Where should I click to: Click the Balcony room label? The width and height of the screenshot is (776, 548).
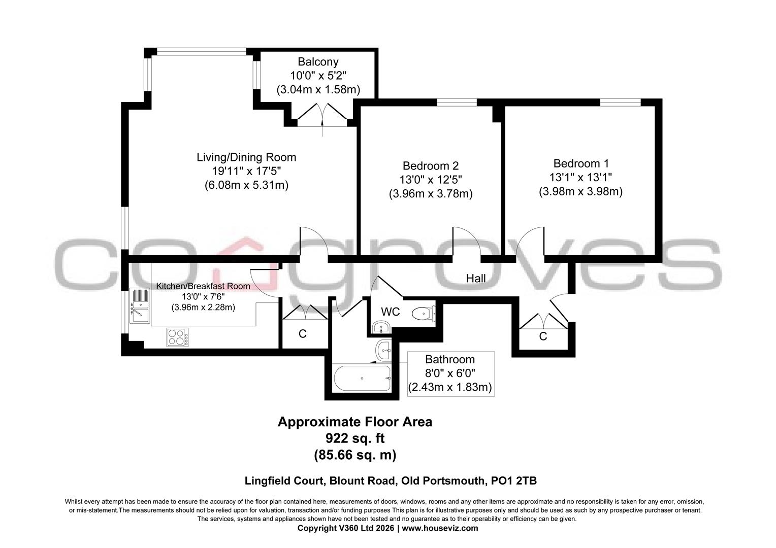tap(318, 62)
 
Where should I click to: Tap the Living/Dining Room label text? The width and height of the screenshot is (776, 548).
tap(246, 157)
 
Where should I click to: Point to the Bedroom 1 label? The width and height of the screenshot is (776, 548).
tap(580, 164)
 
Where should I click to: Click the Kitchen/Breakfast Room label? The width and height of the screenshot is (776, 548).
tap(203, 286)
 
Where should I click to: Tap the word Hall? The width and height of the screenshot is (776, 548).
tap(476, 279)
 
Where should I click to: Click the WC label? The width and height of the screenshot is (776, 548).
tap(391, 312)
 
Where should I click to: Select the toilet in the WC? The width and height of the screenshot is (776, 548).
tap(423, 314)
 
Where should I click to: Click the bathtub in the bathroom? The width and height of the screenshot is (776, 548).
tap(362, 378)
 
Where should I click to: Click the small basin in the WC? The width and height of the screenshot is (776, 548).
tap(380, 327)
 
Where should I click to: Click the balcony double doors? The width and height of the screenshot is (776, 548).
tap(322, 114)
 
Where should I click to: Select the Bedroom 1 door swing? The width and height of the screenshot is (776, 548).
tap(531, 242)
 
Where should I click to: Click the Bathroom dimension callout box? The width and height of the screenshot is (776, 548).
tap(450, 374)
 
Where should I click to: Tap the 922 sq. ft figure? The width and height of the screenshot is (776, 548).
tap(354, 438)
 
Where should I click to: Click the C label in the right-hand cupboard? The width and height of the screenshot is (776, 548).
tap(543, 336)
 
